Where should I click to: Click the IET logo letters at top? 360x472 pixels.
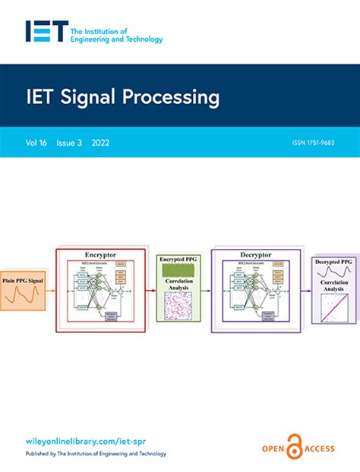click(44, 31)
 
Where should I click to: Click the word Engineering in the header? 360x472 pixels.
click(96, 39)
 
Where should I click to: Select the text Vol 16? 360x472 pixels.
click(35, 142)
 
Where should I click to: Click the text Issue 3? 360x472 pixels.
click(71, 142)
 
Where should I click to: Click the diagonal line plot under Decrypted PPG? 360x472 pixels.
click(336, 313)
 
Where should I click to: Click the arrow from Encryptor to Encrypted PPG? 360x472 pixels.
click(150, 289)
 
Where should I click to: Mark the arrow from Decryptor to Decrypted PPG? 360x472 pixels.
click(306, 289)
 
